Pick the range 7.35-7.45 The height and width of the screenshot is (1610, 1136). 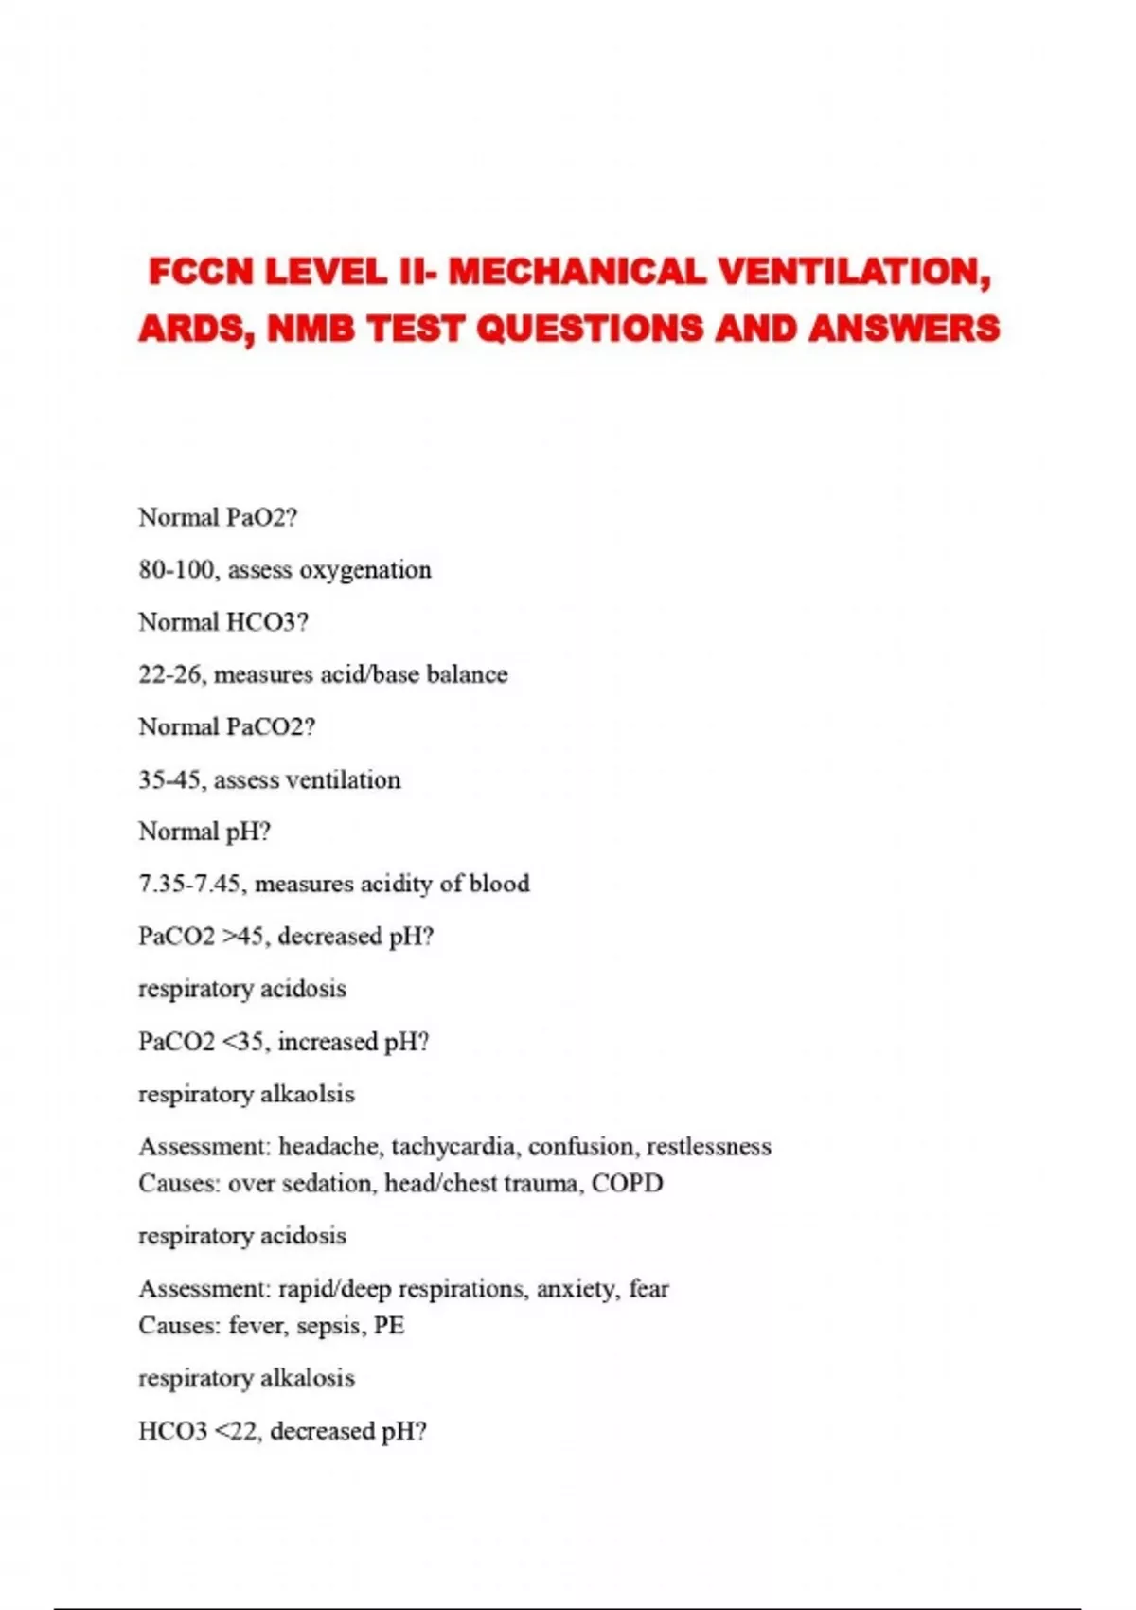pos(192,885)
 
